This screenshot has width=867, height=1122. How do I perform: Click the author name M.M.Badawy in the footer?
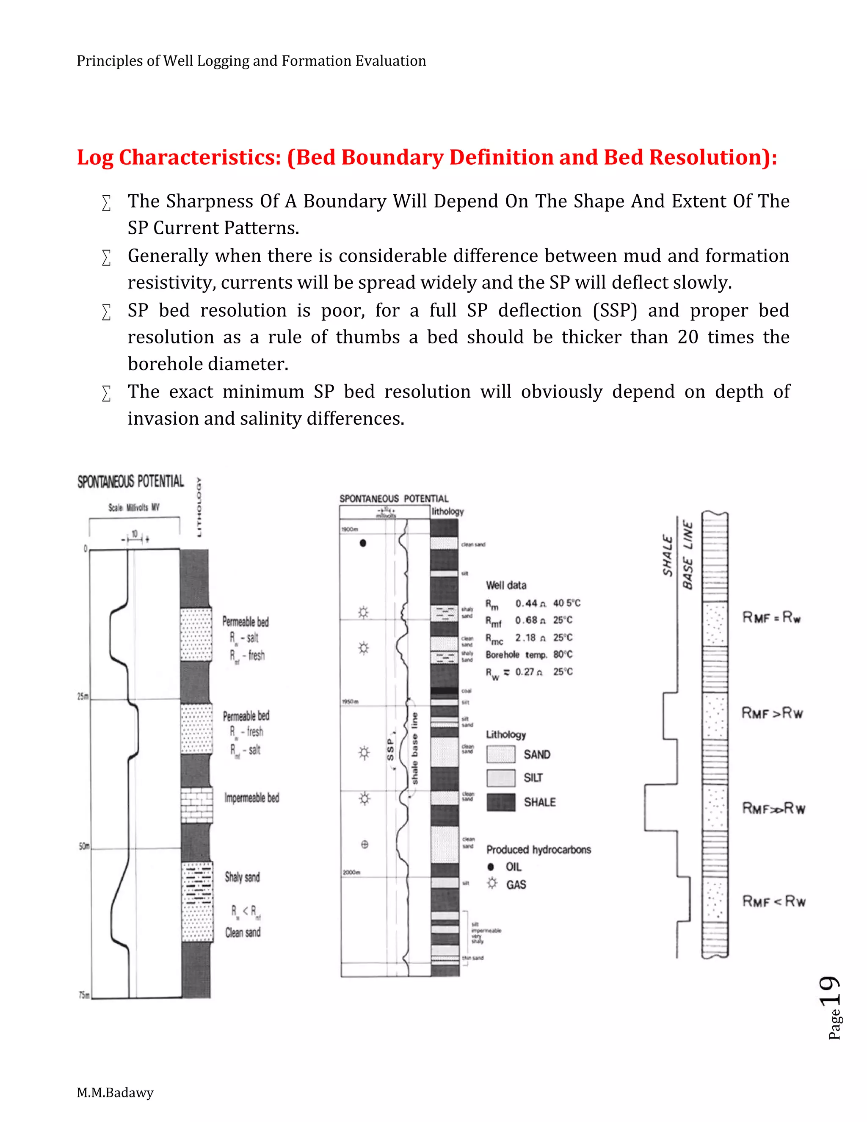(x=115, y=1092)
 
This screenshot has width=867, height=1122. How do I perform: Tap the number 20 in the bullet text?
(x=688, y=337)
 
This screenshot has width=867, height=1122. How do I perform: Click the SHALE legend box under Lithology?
(x=501, y=802)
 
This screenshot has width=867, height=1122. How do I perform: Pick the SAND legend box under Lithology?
(x=501, y=754)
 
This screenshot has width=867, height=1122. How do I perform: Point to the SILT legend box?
(x=501, y=778)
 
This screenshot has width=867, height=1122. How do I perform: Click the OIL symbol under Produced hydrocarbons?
(x=491, y=867)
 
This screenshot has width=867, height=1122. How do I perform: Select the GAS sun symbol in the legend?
(x=492, y=884)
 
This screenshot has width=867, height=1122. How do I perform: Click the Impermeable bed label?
(x=252, y=798)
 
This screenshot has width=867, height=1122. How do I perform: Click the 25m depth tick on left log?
(x=83, y=696)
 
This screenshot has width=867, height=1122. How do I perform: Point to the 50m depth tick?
(x=84, y=846)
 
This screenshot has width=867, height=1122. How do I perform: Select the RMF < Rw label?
(x=773, y=901)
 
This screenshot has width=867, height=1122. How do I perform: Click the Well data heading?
(x=506, y=585)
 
